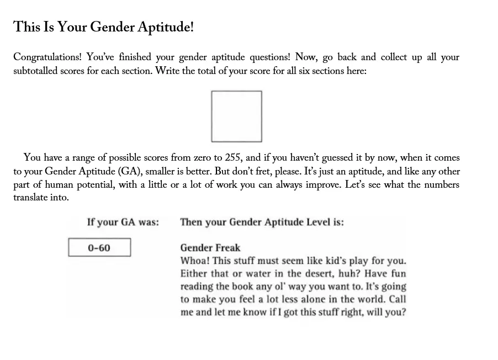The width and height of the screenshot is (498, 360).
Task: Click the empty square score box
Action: pos(236,116)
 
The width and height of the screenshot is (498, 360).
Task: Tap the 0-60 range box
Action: pos(99,248)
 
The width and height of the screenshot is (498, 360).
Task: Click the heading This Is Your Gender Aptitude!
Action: pos(104,27)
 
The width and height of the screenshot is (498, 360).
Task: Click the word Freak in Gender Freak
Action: pos(228,248)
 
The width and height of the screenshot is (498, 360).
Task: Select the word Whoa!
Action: pos(194,261)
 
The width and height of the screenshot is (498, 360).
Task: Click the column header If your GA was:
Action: pos(123,222)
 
